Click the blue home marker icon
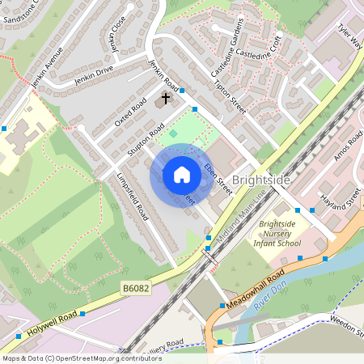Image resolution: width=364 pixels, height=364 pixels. click(x=182, y=175)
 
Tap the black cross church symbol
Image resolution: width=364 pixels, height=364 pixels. click(x=167, y=99)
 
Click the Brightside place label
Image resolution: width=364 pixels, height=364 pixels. click(x=260, y=180)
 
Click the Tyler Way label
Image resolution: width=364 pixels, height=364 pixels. click(x=349, y=36)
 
